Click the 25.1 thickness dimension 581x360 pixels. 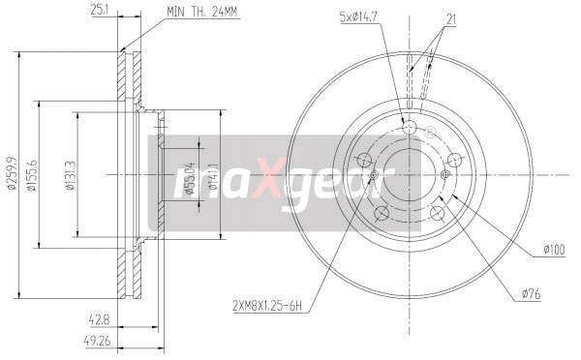[x=100, y=10]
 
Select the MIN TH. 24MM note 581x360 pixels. [x=201, y=12]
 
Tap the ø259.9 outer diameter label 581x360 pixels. [x=12, y=174]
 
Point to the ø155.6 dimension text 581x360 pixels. [x=32, y=175]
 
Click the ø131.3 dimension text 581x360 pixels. [x=70, y=175]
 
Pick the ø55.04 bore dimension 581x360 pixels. [x=190, y=178]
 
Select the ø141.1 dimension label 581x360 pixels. [x=213, y=176]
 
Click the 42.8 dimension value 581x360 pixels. [x=100, y=319]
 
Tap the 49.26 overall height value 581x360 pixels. [x=97, y=341]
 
